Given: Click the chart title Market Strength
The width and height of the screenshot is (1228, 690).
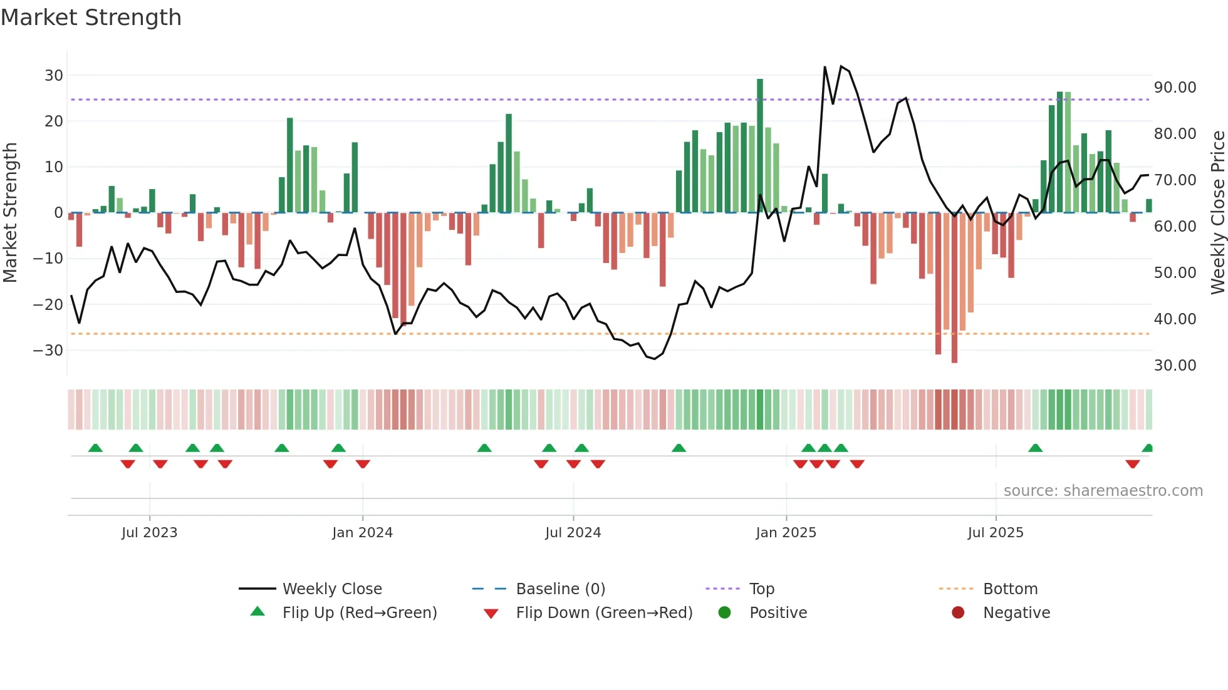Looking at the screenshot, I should [x=91, y=18].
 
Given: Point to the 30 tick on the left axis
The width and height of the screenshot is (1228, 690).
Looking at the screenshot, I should [x=54, y=76].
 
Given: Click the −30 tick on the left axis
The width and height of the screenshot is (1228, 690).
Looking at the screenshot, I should [x=48, y=351].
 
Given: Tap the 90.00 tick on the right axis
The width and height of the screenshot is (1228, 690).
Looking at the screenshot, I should [x=1175, y=88].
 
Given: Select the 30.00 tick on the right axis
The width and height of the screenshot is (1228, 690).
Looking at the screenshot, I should [x=1175, y=366].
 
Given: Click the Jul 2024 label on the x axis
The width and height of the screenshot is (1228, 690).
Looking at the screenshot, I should [x=573, y=533].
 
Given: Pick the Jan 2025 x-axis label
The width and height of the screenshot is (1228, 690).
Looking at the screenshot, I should [x=786, y=533].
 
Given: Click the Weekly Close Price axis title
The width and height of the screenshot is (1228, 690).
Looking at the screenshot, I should [x=1217, y=213].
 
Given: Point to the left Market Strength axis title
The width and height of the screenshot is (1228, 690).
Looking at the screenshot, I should [x=10, y=213].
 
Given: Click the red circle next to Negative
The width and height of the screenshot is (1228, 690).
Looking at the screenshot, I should [x=958, y=613].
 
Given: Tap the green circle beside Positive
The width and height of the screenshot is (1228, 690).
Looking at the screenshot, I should [x=725, y=613].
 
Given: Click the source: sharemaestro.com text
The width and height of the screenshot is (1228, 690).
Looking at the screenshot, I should [x=1103, y=491].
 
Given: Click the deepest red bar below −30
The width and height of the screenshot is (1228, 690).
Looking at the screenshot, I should [x=954, y=288].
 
